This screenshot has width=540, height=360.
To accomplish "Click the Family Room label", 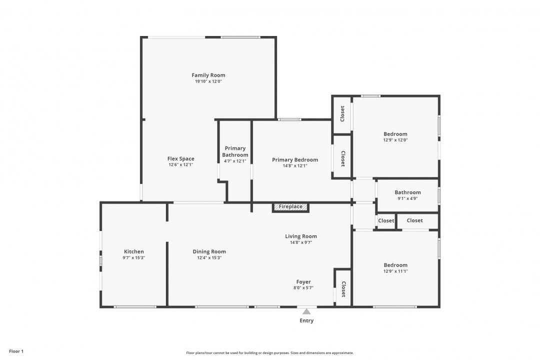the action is pyautogui.click(x=208, y=75).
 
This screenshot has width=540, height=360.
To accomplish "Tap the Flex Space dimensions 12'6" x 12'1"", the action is pyautogui.click(x=181, y=164).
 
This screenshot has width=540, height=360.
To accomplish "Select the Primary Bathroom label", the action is pyautogui.click(x=235, y=151).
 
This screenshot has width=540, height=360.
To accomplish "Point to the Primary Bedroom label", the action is pyautogui.click(x=295, y=159).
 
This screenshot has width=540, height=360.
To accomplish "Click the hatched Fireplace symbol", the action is pyautogui.click(x=290, y=207).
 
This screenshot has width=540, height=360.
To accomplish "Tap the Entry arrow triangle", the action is pyautogui.click(x=306, y=311).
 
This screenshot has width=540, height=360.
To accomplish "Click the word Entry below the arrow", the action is pyautogui.click(x=306, y=320).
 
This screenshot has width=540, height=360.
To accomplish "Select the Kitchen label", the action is pyautogui.click(x=134, y=251).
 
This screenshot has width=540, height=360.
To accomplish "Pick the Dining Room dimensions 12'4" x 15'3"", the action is pyautogui.click(x=209, y=257).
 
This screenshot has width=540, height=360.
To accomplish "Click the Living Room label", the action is pyautogui.click(x=301, y=236).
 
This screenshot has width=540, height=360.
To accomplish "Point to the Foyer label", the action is pyautogui.click(x=303, y=282).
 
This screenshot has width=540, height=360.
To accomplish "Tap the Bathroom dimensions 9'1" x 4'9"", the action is pyautogui.click(x=408, y=198).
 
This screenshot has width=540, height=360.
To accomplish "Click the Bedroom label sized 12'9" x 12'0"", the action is pyautogui.click(x=395, y=134).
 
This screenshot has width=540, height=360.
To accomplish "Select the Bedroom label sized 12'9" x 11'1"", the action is pyautogui.click(x=395, y=265).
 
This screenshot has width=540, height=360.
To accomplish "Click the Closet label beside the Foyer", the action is pyautogui.click(x=343, y=289).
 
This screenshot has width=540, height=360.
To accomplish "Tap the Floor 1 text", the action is pyautogui.click(x=16, y=351).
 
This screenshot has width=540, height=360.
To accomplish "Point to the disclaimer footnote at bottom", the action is pyautogui.click(x=269, y=353).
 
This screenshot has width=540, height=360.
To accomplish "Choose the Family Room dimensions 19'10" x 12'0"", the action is pyautogui.click(x=208, y=81).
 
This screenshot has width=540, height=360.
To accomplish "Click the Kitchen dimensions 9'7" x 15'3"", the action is pyautogui.click(x=134, y=257).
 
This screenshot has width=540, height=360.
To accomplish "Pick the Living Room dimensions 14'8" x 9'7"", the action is pyautogui.click(x=301, y=242).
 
